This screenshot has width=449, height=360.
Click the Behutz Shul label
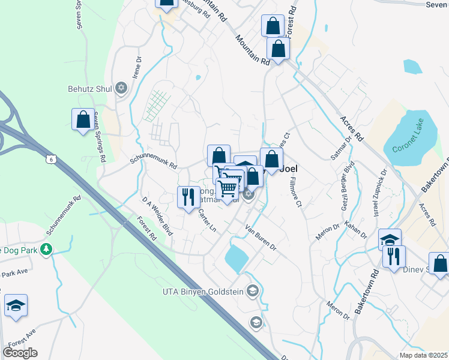89,89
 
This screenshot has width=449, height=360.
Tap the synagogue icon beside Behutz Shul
121,89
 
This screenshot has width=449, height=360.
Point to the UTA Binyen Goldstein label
205,292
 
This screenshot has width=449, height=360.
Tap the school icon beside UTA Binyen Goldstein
253,292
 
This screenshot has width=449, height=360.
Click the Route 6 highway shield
51,158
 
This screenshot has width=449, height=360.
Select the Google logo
20,352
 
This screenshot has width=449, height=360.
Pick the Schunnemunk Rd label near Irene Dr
154,163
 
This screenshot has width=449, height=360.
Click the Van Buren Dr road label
261,237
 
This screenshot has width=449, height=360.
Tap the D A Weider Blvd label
157,215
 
